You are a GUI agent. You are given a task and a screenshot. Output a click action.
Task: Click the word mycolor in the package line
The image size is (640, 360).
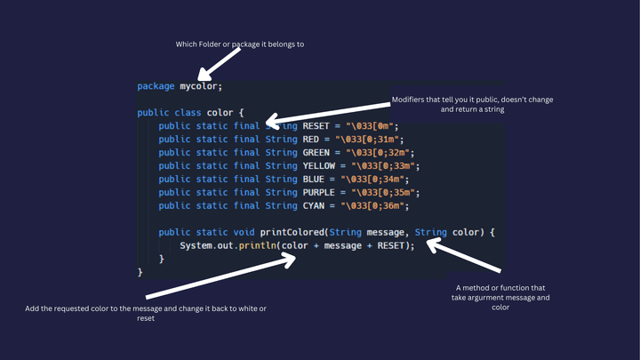200,86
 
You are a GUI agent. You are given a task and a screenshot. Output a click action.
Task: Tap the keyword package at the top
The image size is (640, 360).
156,86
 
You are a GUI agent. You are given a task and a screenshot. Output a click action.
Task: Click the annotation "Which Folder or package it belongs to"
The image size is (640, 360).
240,44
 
